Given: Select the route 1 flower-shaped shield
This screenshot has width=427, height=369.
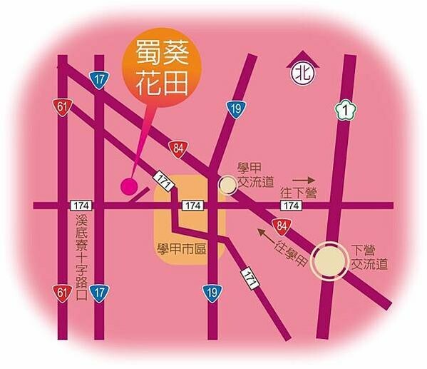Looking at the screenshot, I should click(x=344, y=111).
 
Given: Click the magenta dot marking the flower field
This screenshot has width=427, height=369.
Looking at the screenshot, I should click(x=129, y=187).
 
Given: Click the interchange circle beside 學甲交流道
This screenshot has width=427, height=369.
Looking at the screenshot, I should click(x=227, y=186).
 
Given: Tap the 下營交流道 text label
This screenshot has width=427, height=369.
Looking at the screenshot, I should click(x=369, y=257).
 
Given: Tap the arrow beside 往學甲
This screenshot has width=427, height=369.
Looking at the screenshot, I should click(x=266, y=233).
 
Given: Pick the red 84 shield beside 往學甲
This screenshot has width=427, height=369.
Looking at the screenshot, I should click(x=282, y=226).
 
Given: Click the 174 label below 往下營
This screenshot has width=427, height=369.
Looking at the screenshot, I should click(x=289, y=206).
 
